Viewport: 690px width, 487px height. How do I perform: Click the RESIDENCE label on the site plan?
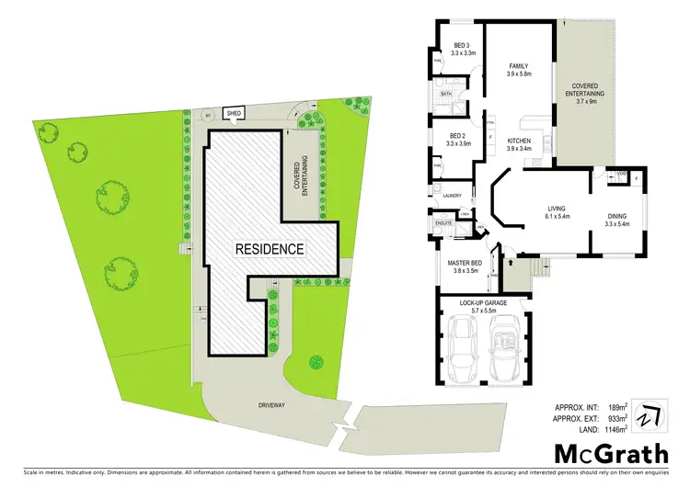pyautogui.click(x=269, y=249)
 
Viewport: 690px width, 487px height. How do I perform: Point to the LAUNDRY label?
pyautogui.click(x=452, y=196)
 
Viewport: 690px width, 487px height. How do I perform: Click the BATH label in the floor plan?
pyautogui.click(x=445, y=94)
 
